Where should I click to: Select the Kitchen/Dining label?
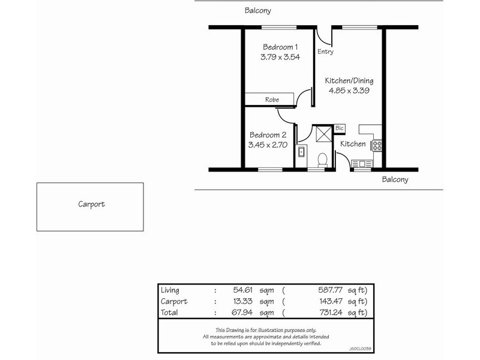pos(350,80)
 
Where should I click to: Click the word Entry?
pos(325,52)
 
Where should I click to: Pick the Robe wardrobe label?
pos(272,100)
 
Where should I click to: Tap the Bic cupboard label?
pos(340,128)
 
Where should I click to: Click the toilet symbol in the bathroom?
pos(322,159)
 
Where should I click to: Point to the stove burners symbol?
pos(377,145)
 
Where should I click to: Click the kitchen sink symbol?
pos(362,163)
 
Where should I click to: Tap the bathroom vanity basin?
pos(301,154)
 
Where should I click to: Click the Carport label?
pos(91,204)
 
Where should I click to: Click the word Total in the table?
pos(170,313)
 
